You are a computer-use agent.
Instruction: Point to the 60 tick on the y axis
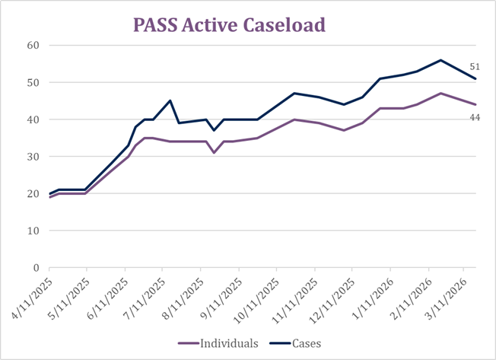tap(32, 45)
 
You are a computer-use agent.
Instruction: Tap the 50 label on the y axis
tap(32, 82)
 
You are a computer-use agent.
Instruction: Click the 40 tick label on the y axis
tap(32, 119)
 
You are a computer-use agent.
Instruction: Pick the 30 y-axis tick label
tap(32, 157)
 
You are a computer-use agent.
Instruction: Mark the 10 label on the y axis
tap(32, 231)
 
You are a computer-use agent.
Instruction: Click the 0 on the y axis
tap(35, 268)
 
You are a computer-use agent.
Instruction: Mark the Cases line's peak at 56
tap(440, 60)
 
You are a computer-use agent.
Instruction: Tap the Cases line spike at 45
tap(170, 100)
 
